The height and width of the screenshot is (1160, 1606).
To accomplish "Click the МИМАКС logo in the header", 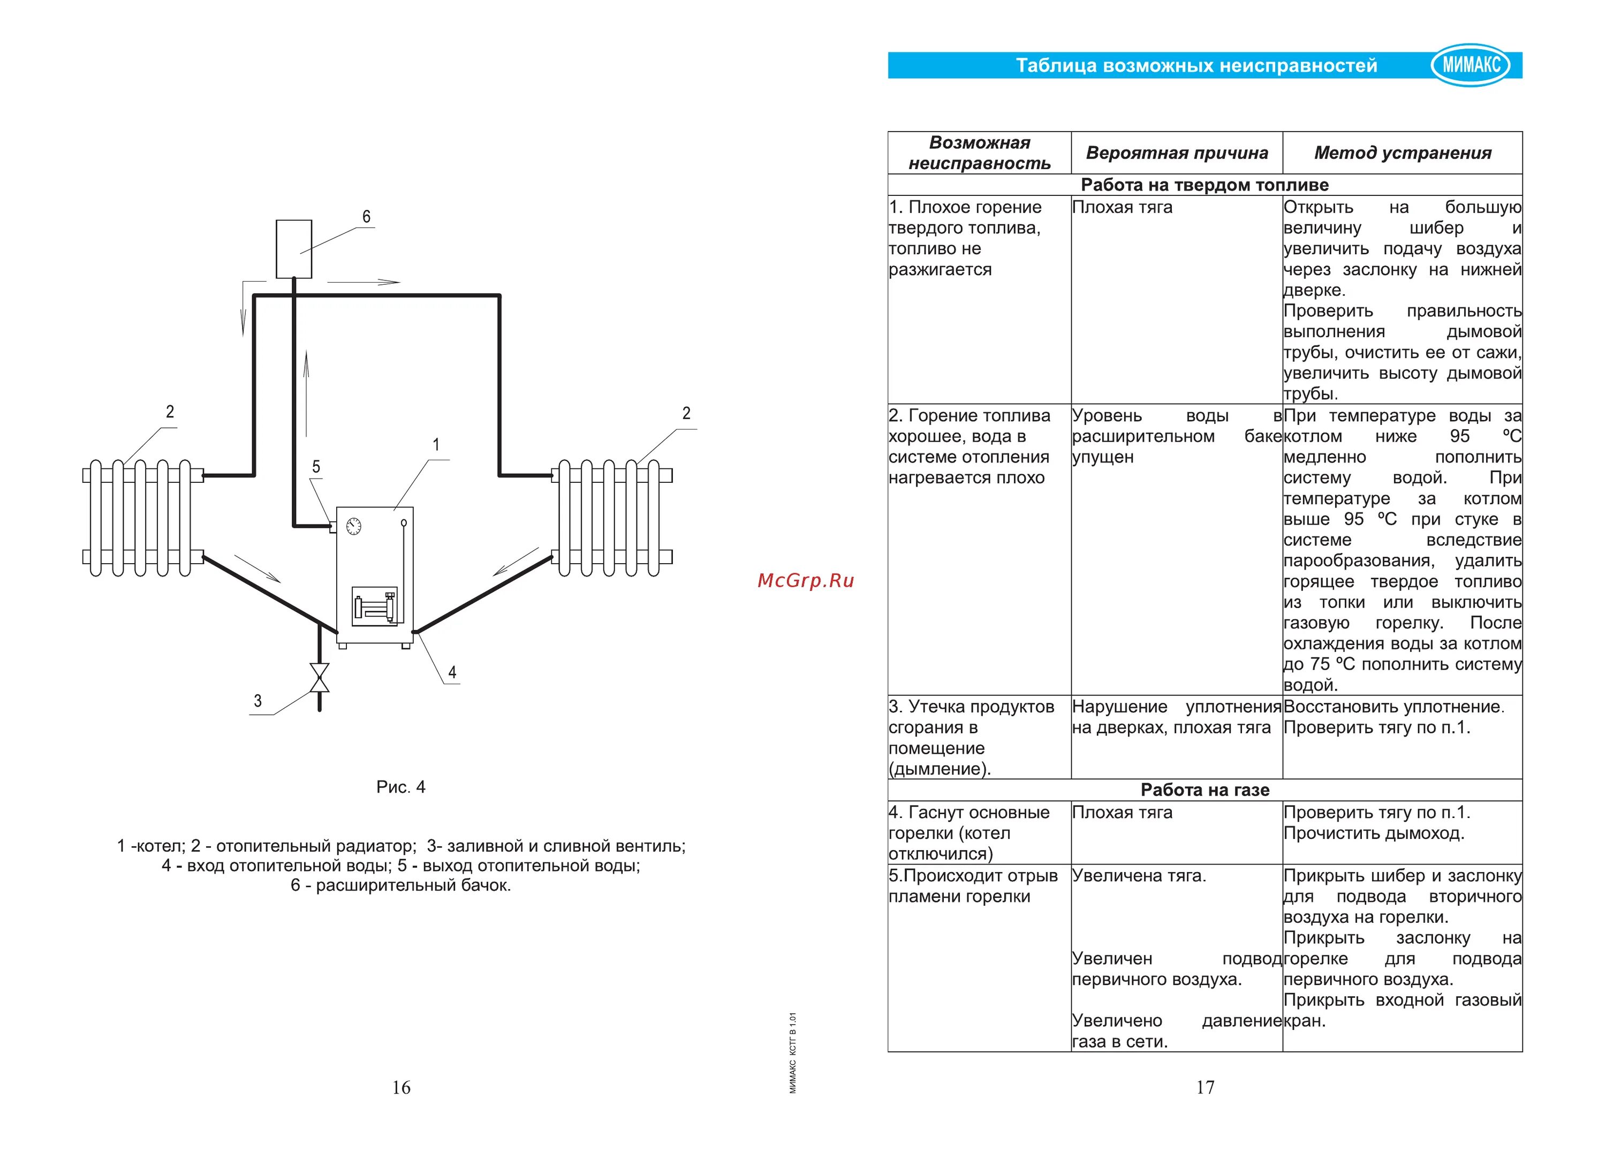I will click(x=1471, y=65).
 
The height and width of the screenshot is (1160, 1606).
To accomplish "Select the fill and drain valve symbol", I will click(x=320, y=678).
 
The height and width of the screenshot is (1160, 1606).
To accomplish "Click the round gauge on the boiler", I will click(x=353, y=526).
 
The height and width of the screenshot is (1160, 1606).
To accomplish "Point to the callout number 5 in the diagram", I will click(x=316, y=467).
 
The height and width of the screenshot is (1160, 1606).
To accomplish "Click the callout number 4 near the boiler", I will click(x=452, y=672).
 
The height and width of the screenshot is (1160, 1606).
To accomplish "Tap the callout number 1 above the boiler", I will click(x=436, y=445).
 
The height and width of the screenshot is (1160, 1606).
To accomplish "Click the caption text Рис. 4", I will click(x=401, y=787).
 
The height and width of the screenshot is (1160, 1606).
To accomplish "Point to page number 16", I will click(x=401, y=1087).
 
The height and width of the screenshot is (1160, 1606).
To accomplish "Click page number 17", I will click(x=1205, y=1087).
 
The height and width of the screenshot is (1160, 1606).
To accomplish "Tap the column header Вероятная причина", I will click(x=1177, y=153).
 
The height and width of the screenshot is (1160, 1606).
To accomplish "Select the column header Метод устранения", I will click(x=1403, y=153).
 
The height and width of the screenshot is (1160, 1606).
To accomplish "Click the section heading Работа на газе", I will click(x=1205, y=790).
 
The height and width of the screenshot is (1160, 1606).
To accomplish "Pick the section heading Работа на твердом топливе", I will click(x=1204, y=185).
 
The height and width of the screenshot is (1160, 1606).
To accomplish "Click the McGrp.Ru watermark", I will click(x=806, y=581).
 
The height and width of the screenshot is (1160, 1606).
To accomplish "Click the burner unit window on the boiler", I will click(x=375, y=606).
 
